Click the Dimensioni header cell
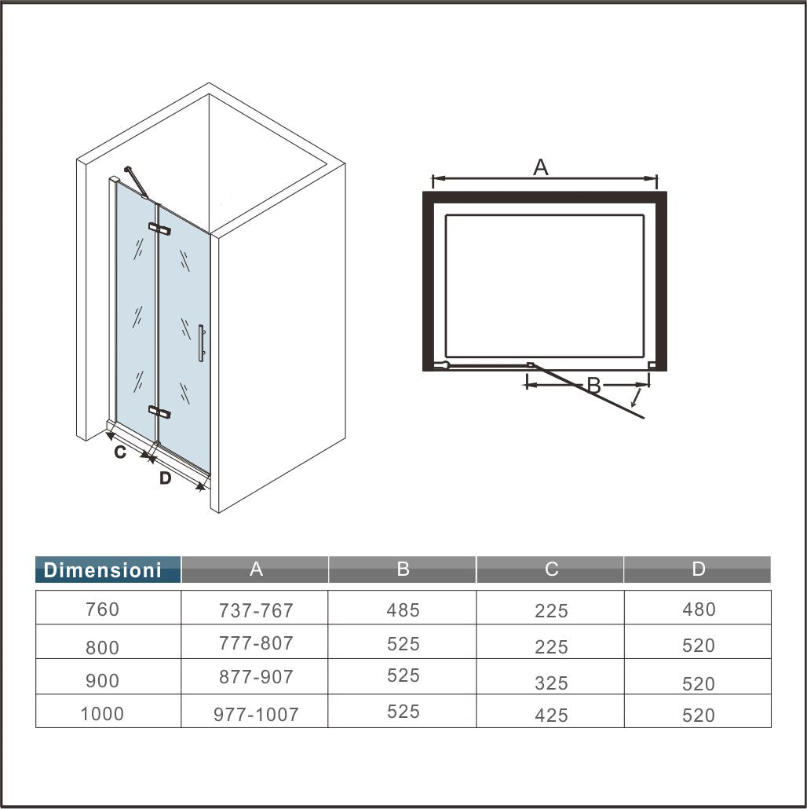pyautogui.click(x=103, y=570)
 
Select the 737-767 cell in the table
pyautogui.click(x=256, y=610)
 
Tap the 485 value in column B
pyautogui.click(x=403, y=609)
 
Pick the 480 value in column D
pyautogui.click(x=699, y=609)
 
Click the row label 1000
pyautogui.click(x=103, y=714)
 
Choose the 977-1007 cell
pyautogui.click(x=256, y=715)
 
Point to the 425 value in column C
pyautogui.click(x=551, y=715)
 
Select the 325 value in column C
pyautogui.click(x=551, y=683)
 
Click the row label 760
pyautogui.click(x=103, y=609)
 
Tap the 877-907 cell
pyautogui.click(x=256, y=677)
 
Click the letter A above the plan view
pyautogui.click(x=540, y=167)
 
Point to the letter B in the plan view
pyautogui.click(x=593, y=386)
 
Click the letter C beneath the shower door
pyautogui.click(x=120, y=452)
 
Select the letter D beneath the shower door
pyautogui.click(x=165, y=478)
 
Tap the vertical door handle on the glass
pyautogui.click(x=201, y=343)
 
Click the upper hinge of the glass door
pyautogui.click(x=159, y=229)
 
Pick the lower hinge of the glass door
pyautogui.click(x=159, y=412)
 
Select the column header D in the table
pyautogui.click(x=699, y=569)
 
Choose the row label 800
pyautogui.click(x=103, y=647)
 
